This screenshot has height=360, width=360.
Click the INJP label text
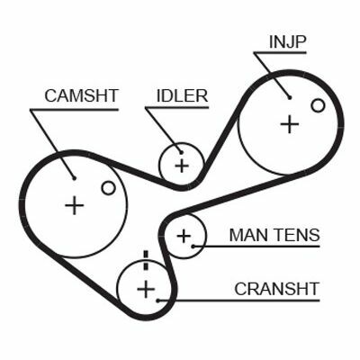click(x=287, y=42)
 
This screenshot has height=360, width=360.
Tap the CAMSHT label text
click(x=82, y=95)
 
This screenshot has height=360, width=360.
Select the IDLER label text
click(x=182, y=95)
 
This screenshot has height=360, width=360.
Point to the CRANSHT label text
click(x=276, y=289)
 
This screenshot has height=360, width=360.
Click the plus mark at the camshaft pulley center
click(x=74, y=205)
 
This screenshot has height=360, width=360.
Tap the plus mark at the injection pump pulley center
click(x=290, y=124)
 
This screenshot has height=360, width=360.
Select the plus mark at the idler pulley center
click(x=182, y=166)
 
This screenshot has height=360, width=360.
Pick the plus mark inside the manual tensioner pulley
click(x=184, y=237)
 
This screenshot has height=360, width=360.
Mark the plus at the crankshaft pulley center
click(x=146, y=289)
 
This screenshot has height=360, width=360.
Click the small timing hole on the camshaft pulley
click(x=108, y=188)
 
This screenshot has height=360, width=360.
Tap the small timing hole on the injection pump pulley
click(x=318, y=105)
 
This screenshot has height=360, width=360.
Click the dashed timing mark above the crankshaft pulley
click(x=146, y=260)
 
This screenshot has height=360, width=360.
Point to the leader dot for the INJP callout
click(x=290, y=97)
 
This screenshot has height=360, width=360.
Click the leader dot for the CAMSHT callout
click(x=74, y=178)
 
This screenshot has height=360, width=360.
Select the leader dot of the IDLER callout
click(x=181, y=152)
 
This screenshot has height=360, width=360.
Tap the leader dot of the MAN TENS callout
click(x=193, y=247)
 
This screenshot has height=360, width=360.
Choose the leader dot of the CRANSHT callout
click(x=157, y=300)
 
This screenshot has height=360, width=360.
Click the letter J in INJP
click(x=290, y=42)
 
